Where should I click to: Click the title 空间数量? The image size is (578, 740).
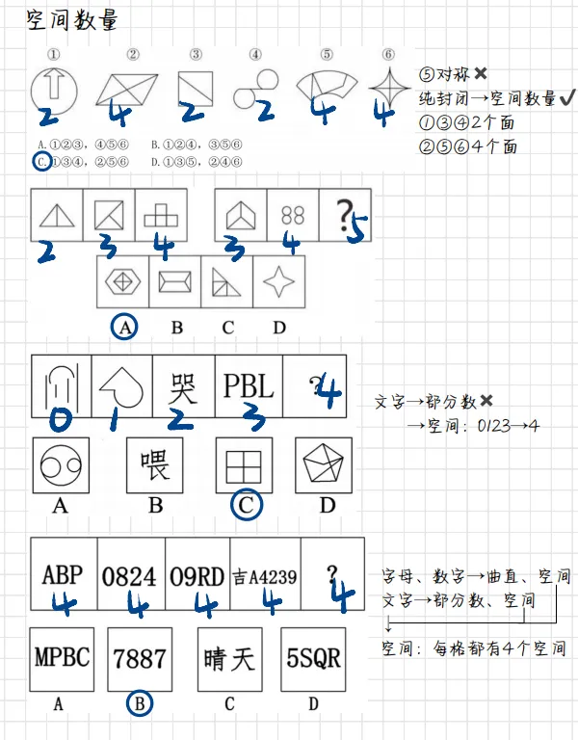point(73,21)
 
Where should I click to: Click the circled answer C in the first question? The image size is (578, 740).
point(40,162)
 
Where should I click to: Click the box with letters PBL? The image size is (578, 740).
point(248,385)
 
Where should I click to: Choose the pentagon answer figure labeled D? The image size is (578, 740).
point(326,467)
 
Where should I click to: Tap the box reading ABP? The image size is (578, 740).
point(62,575)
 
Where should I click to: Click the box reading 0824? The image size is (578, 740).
point(129,575)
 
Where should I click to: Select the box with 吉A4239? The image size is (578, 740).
point(264,576)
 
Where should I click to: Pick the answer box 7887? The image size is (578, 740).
point(140,659)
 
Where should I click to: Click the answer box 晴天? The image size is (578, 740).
point(229,659)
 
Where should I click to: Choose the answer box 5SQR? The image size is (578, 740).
point(314,659)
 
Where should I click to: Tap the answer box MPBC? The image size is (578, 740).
point(62,659)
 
